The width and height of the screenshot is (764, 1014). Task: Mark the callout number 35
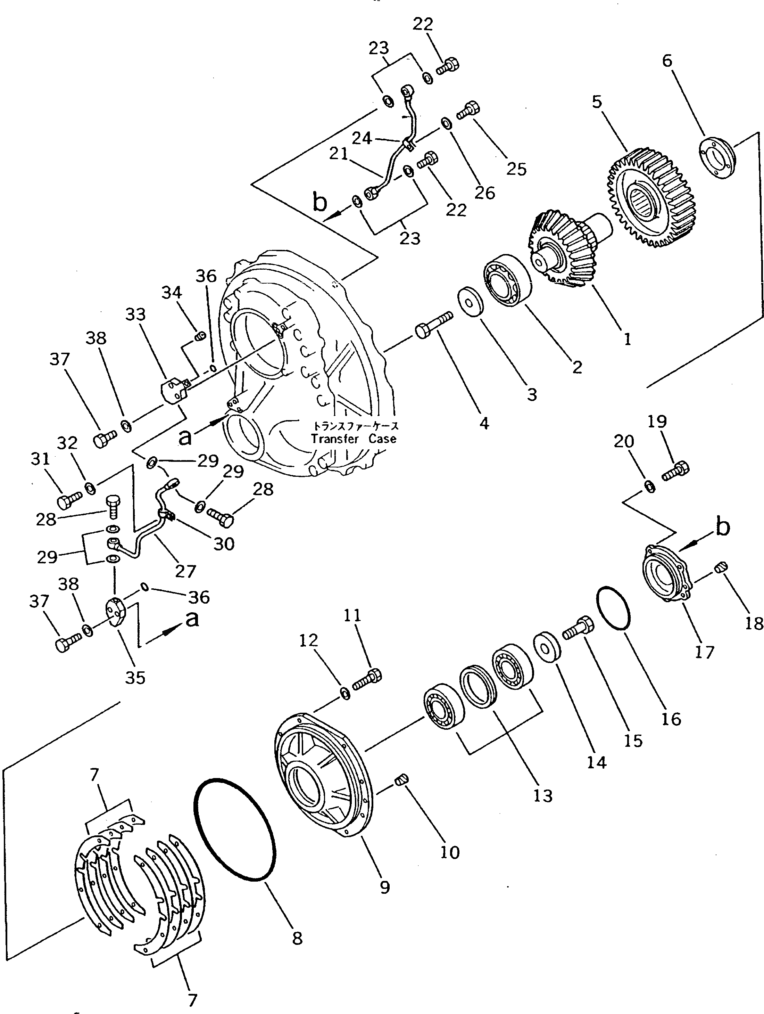point(135,678)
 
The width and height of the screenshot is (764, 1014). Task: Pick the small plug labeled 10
point(402,779)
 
